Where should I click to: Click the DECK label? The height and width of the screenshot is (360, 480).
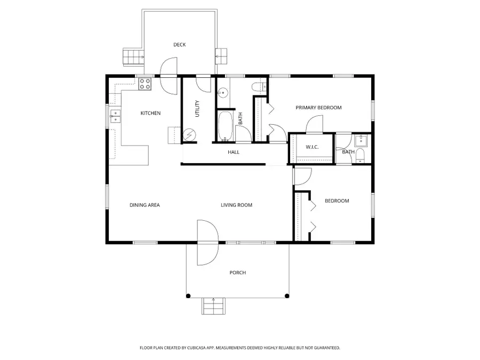coord(179,45)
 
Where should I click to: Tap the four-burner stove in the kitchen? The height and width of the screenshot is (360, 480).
coord(145,83)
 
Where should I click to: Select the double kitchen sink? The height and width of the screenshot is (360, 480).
coord(115,116)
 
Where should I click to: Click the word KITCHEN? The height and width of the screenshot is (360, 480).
coord(150,113)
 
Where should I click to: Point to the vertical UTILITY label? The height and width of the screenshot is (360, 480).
coord(197,109)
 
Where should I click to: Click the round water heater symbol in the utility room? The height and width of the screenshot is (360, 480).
coord(189,135)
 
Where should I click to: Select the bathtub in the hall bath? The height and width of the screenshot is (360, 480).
coord(225,126)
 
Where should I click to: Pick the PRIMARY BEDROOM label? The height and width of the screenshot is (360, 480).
coord(318,108)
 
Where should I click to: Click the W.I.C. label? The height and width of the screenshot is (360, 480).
coord(312,147)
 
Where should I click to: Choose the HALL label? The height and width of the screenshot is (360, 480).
coord(234,152)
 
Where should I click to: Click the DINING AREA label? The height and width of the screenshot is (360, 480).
coord(145,205)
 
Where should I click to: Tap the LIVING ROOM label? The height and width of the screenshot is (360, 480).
coord(237,205)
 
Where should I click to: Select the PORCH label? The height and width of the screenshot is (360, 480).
coord(238,273)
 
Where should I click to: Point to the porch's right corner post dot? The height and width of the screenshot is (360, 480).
coord(287,295)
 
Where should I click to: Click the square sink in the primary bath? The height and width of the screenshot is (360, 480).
coord(361,140)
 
